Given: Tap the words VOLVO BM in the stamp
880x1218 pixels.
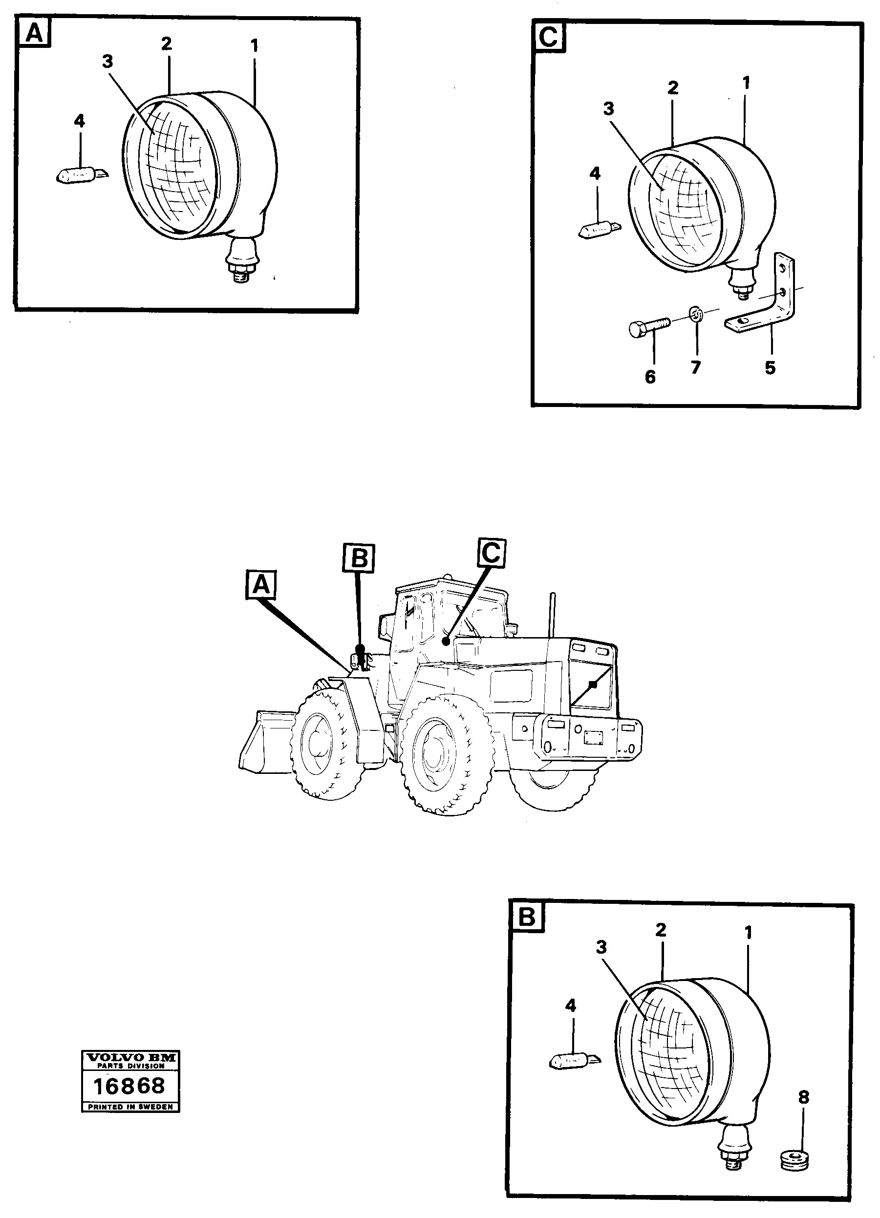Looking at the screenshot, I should [130, 1057].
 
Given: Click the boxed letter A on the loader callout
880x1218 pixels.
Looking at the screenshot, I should [260, 585].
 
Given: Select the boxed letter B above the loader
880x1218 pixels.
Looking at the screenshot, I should [358, 558].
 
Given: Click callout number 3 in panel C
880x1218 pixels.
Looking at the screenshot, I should [608, 109].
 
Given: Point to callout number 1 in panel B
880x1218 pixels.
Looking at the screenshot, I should [749, 933].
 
